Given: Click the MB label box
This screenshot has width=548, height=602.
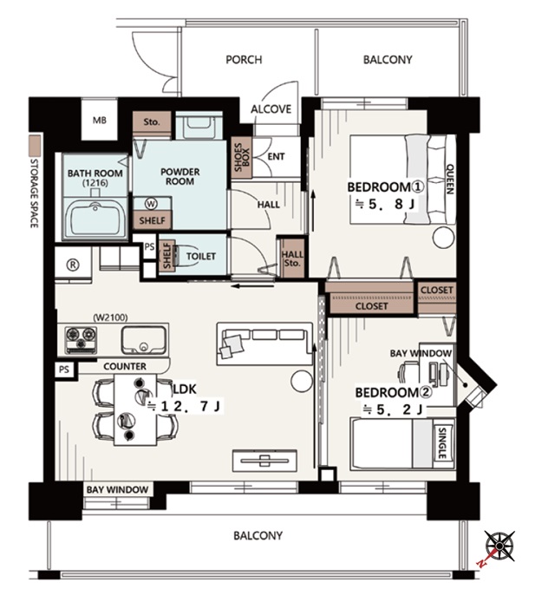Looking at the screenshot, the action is click(x=100, y=121).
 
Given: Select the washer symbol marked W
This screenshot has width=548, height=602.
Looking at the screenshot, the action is click(x=151, y=204).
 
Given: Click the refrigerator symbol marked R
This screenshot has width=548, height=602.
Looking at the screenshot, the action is click(x=73, y=265).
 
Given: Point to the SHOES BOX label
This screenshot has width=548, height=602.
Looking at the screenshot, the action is click(x=242, y=157).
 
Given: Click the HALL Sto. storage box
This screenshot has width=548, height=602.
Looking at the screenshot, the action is click(x=292, y=258).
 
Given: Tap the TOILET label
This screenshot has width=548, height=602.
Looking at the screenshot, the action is click(x=201, y=256).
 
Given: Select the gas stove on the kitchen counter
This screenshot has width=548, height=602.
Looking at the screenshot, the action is click(x=81, y=339).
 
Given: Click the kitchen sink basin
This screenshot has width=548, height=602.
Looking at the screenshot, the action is click(x=144, y=340).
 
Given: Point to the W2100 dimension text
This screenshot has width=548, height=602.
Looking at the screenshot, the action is click(x=110, y=317).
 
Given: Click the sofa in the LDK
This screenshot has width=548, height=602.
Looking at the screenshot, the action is click(x=264, y=344).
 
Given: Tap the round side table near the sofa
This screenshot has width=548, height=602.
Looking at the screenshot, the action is click(x=302, y=382).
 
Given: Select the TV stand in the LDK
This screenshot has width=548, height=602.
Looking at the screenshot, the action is click(x=264, y=461).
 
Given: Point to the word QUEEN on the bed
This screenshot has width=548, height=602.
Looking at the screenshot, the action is click(x=450, y=179).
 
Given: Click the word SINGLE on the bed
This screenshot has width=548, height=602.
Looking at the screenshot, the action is click(x=442, y=443).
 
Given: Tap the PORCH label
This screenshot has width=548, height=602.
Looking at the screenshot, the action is click(x=244, y=60).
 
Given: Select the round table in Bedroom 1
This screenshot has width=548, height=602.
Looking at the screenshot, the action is click(x=444, y=238).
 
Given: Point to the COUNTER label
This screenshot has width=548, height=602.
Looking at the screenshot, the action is click(x=125, y=367).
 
